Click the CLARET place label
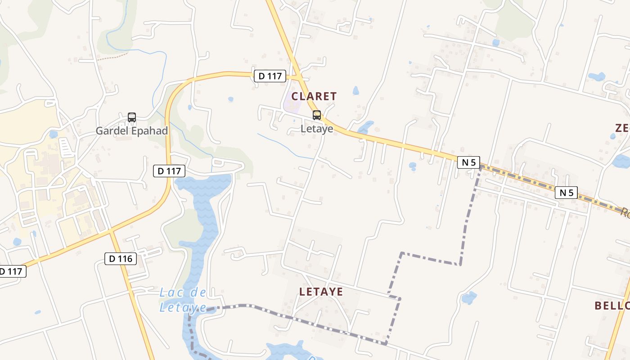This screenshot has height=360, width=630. pos(314,96)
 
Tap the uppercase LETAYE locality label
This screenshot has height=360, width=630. pos(321,292)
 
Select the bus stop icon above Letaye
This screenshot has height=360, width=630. pos(317,115)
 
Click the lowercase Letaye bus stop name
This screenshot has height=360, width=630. pos(317,129)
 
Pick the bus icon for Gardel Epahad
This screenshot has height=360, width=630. pos(132,117)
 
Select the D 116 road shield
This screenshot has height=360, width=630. pos(121,259)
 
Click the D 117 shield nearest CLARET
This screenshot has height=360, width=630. pos(270,76)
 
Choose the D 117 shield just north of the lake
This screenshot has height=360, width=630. pos(169,171)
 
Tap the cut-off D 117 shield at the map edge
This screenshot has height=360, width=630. pos(12,271)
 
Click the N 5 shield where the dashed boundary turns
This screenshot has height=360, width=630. pos(468,162)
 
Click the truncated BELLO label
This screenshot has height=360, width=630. pos(612,306)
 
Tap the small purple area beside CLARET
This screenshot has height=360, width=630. pos(292,106)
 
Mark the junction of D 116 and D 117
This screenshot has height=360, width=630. pos(111,231)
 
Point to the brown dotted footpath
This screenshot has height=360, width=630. pos(112,56)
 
